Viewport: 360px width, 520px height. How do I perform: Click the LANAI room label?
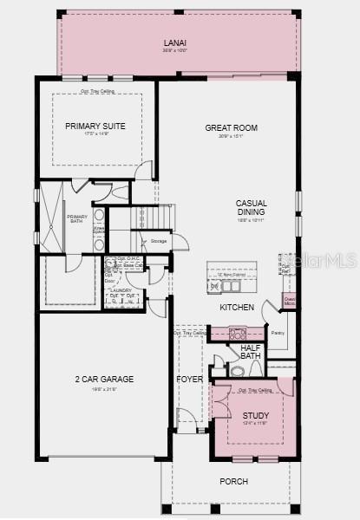[x=175, y=42]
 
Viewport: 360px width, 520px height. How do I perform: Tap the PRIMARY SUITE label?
[x=95, y=127]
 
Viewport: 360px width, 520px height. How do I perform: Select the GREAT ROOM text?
[x=231, y=128]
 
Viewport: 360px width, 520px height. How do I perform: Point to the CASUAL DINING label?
[x=252, y=208]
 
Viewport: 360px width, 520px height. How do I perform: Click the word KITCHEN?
[x=237, y=308]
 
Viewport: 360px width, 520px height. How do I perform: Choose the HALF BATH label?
[x=251, y=351]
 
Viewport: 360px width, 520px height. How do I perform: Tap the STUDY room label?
[x=256, y=416]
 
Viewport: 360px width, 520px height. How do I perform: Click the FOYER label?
[x=189, y=380]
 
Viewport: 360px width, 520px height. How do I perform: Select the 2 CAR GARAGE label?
[x=103, y=379]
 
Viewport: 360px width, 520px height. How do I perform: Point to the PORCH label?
[x=233, y=481]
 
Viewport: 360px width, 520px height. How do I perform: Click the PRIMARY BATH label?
[x=77, y=220]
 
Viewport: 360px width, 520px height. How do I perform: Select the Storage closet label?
[x=158, y=241]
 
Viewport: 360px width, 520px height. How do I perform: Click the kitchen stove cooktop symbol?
[x=237, y=333]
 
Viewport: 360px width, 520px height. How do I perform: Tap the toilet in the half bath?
[x=237, y=371]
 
